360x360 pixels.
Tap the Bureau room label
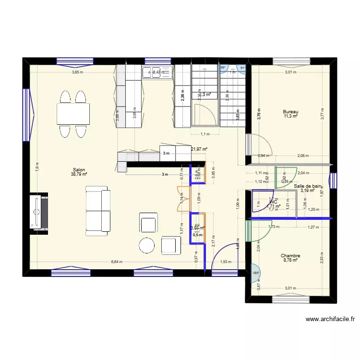tap(290, 111)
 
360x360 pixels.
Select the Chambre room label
tap(290, 256)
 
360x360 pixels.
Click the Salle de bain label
tap(308, 186)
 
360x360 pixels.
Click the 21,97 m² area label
tap(199, 149)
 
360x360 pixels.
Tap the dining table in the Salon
tap(73, 114)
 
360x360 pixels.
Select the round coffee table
tap(146, 246)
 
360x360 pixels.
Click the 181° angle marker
tap(256, 273)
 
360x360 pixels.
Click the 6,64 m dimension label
tap(117, 262)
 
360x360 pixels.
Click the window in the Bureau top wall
tap(290, 61)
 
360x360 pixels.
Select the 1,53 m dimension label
tap(225, 262)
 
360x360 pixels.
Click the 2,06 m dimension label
tap(302, 156)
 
